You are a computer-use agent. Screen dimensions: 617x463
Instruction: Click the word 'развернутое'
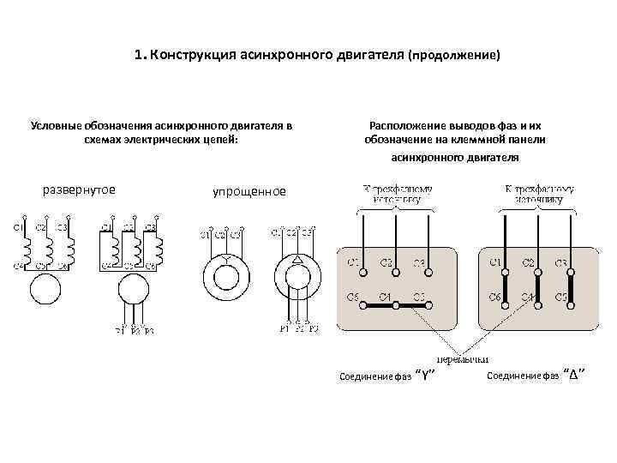pos(79,189)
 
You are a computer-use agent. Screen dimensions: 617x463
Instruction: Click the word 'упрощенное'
pos(249,191)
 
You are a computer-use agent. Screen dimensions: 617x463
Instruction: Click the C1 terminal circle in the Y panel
pos(363,272)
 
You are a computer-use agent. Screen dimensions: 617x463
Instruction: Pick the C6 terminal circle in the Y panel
pos(363,306)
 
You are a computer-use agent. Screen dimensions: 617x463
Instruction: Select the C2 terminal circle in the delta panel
pos(538,272)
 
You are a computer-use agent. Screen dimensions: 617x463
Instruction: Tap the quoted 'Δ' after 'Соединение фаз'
pos(574,376)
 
